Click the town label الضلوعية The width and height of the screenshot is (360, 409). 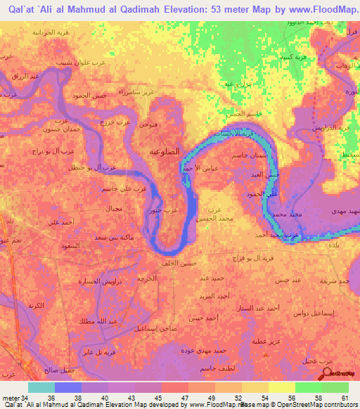click(x=167, y=150)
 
